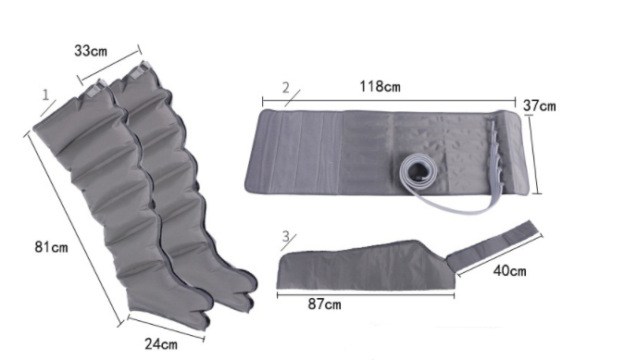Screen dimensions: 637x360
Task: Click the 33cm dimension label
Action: pos(91,51)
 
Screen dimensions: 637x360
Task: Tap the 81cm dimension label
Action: pos(51,247)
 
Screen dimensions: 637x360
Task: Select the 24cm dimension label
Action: pos(161,344)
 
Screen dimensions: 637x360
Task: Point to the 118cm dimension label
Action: pos(380,86)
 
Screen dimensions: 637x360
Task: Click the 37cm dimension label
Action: pos(539,106)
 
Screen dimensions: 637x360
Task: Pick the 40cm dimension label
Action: pos(510,270)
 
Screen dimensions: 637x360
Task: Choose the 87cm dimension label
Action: pos(325,304)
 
